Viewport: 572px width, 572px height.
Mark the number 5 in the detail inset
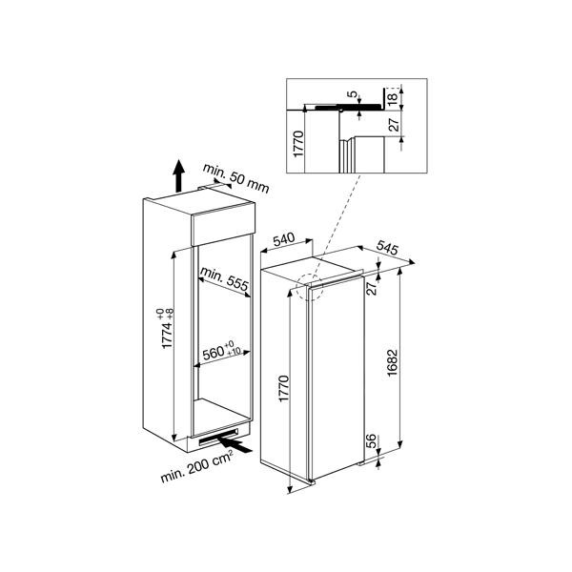click(352, 95)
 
